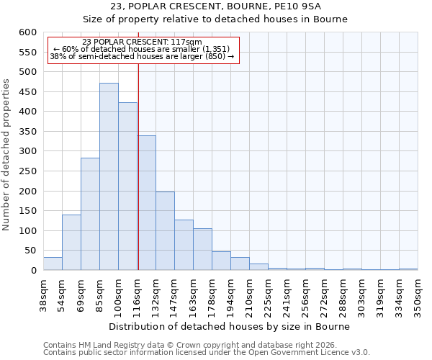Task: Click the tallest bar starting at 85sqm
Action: point(109,176)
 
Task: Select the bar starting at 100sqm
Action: point(127,186)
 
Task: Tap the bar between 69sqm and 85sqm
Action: point(90,214)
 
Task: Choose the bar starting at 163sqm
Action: point(202,249)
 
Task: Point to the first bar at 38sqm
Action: point(53,264)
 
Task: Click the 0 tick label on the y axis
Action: point(33,271)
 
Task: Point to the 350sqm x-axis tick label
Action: point(418,296)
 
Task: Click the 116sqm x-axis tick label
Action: point(137,296)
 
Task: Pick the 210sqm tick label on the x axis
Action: point(249,296)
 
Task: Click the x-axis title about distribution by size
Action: point(230,326)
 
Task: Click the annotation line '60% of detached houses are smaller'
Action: point(141,49)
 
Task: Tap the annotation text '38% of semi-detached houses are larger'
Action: point(141,56)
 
